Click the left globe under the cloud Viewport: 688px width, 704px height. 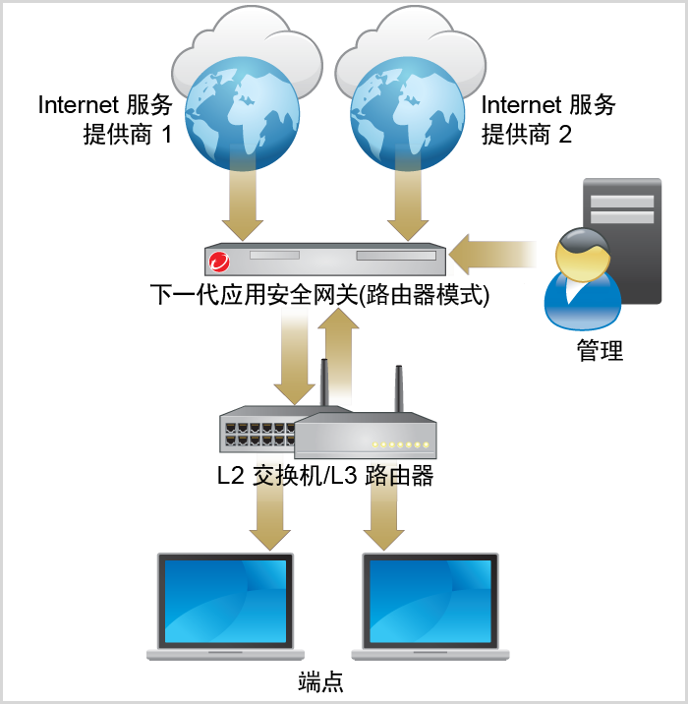tap(242, 114)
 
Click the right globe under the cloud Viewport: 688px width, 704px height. tap(406, 114)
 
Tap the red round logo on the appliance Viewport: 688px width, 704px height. tap(219, 262)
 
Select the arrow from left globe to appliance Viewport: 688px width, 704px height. tap(242, 203)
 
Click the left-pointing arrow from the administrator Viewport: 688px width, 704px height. tap(491, 255)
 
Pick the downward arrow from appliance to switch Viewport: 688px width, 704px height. tap(294, 354)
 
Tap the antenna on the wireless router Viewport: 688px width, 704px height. tap(399, 389)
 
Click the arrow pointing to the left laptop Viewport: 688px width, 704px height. tap(269, 511)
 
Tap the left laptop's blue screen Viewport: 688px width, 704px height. tap(226, 599)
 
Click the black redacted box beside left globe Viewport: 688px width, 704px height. tap(106, 119)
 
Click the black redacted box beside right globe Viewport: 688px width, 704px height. tap(548, 119)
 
